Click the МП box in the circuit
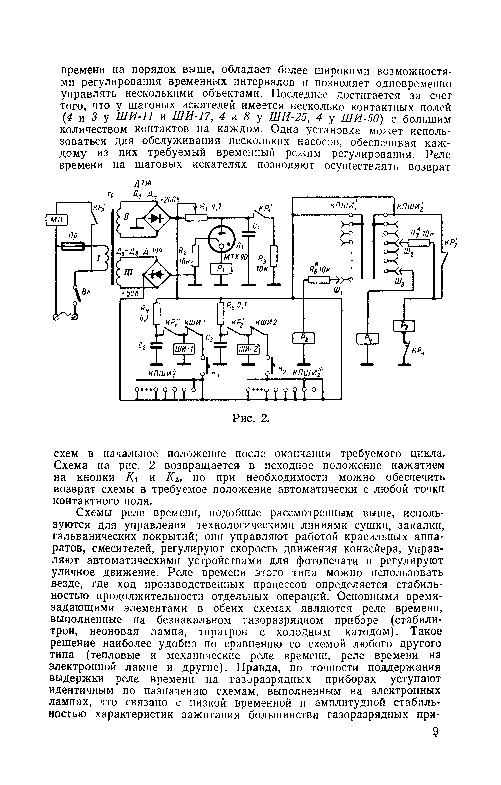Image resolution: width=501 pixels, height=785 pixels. click(56, 219)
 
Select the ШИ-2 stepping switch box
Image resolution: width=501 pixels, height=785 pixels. click(248, 349)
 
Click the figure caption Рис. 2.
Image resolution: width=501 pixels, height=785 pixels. click(251, 418)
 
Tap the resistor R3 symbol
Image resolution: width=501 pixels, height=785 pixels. click(274, 257)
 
